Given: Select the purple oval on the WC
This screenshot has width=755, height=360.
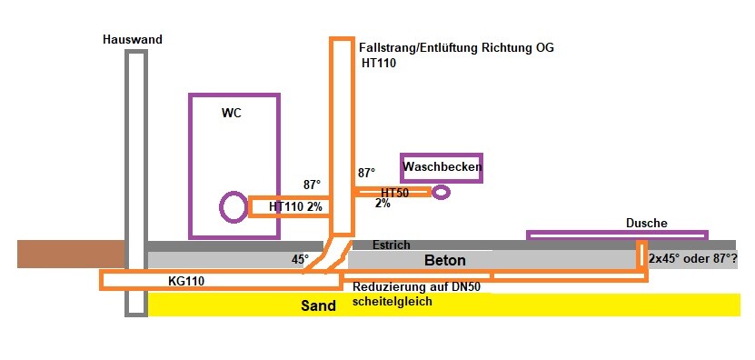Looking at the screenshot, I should tap(233, 207).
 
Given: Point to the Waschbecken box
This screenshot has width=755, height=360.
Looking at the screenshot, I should tap(442, 167).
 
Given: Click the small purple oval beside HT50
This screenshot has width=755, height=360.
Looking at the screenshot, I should tap(442, 193).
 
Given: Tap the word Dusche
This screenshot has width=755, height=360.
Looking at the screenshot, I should tap(647, 223).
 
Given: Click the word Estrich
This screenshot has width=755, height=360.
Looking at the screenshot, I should tap(392, 245).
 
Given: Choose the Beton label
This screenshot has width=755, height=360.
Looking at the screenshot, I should tap(445, 261).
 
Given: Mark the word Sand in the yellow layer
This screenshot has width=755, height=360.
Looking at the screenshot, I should tap(318, 306).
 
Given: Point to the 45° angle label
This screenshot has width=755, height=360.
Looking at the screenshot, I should tap(301, 260).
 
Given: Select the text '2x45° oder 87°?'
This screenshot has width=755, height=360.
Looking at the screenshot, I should tap(692, 260).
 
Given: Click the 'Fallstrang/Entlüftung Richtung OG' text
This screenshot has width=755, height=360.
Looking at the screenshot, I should tap(456, 47).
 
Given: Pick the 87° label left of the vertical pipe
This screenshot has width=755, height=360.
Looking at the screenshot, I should tap(313, 185).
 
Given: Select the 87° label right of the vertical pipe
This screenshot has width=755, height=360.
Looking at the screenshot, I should tap(366, 173).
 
